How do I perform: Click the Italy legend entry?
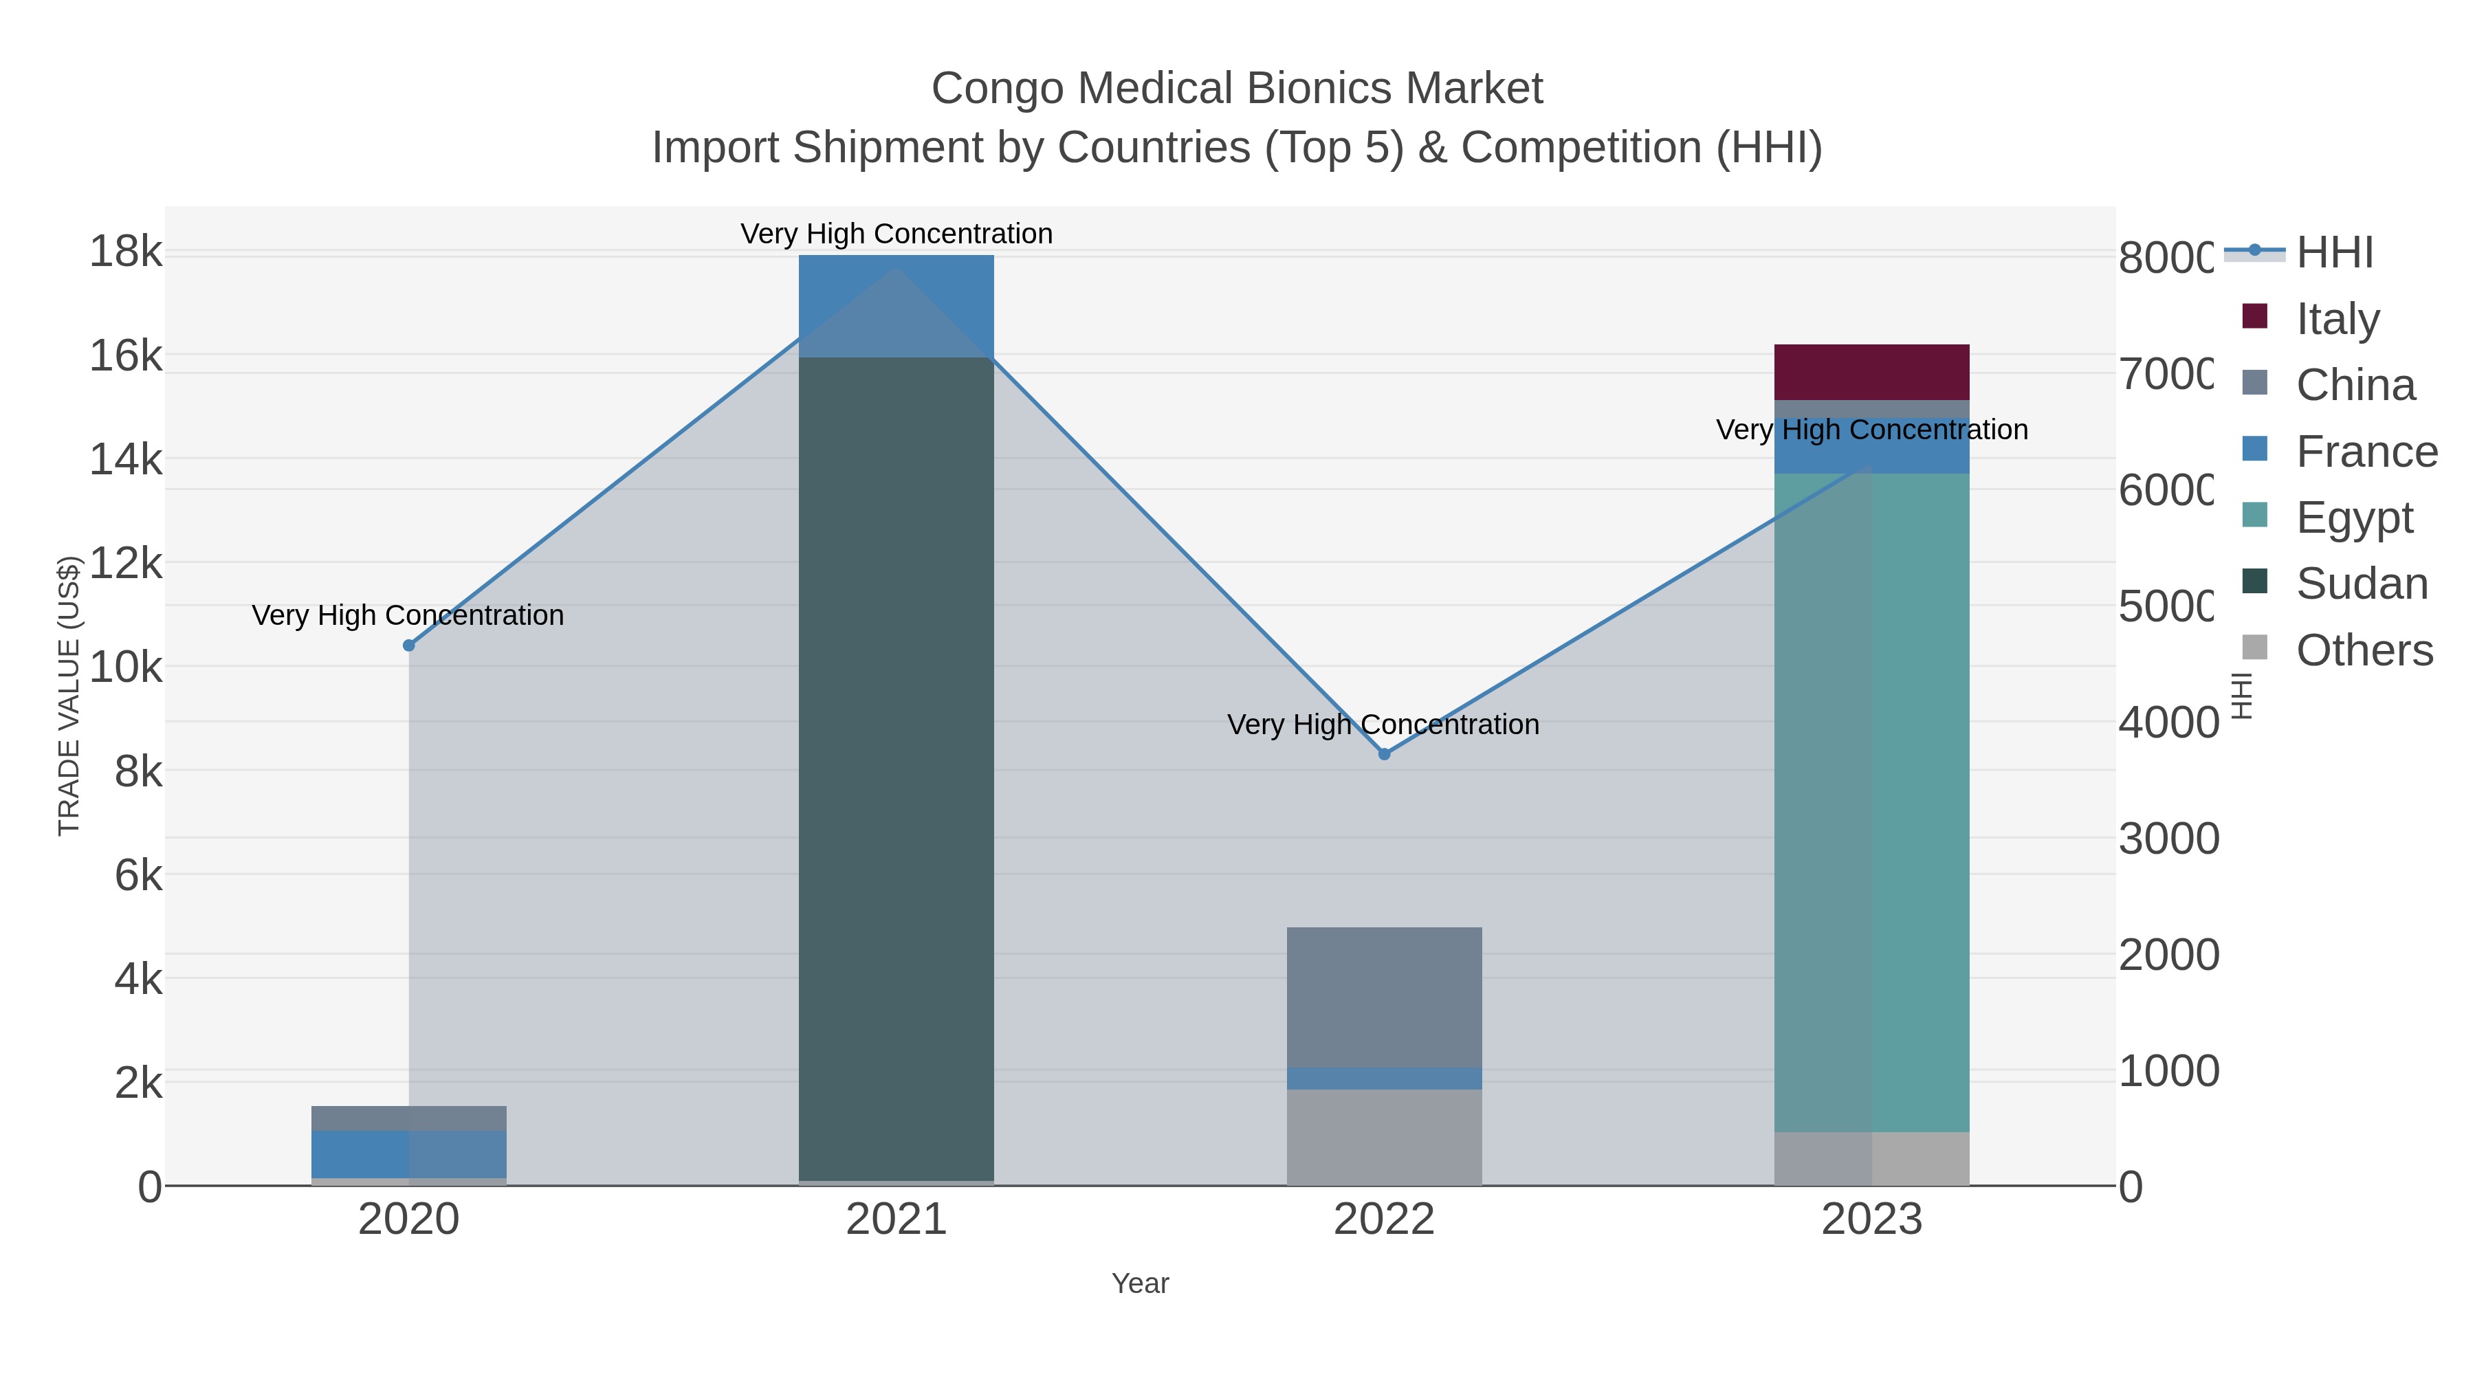(x=2337, y=318)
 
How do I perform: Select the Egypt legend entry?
(x=2353, y=517)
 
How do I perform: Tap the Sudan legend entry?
(x=2361, y=583)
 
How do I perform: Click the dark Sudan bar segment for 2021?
(x=895, y=769)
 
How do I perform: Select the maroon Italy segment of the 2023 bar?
(x=1871, y=371)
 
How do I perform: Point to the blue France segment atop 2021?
(x=895, y=305)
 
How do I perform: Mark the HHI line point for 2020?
(x=408, y=645)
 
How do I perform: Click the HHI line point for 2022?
(x=1383, y=754)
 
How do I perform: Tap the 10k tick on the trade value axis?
(x=125, y=667)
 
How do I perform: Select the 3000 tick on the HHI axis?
(x=2168, y=839)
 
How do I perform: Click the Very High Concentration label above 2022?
(x=1383, y=725)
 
